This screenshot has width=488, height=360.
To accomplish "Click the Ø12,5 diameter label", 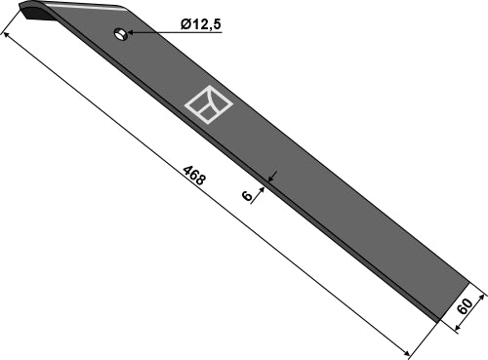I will [201, 24].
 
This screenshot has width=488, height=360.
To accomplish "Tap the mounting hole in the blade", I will [119, 35].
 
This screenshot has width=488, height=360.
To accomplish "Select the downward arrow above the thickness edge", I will [275, 175].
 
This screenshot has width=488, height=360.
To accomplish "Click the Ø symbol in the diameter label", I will [185, 24].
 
